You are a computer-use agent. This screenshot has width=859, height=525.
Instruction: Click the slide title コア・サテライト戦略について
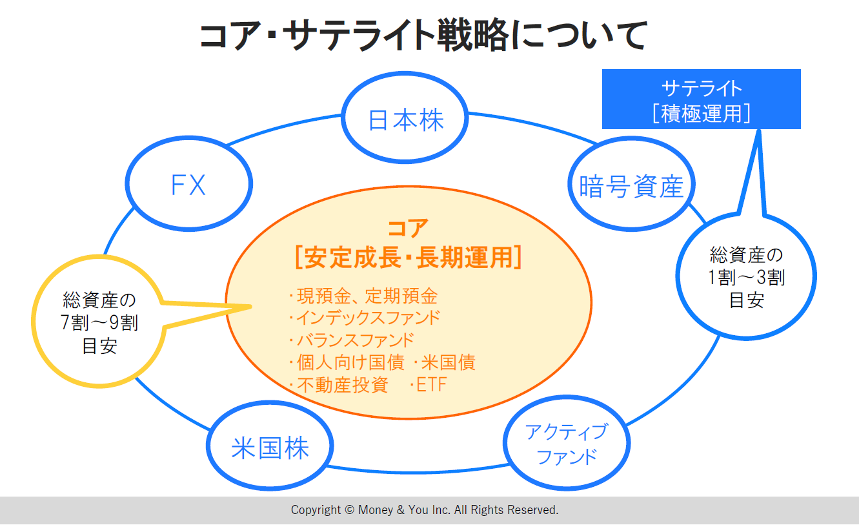[x=423, y=35]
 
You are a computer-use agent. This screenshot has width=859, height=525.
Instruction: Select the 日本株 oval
[x=405, y=120]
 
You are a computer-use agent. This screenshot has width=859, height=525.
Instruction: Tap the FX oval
[x=188, y=185]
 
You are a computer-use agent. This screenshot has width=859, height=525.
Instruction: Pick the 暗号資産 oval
[x=631, y=187]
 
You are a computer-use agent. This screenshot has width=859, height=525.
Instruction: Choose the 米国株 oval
[x=270, y=448]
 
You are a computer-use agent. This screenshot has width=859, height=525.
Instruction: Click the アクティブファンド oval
[x=566, y=444]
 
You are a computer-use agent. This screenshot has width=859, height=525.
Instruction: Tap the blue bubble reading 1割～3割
[x=747, y=278]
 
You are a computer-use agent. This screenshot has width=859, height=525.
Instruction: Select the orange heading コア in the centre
[x=408, y=229]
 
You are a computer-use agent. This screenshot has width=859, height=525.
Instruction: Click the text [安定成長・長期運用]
[x=408, y=257]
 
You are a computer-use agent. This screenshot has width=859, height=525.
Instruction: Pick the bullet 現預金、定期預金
[x=365, y=296]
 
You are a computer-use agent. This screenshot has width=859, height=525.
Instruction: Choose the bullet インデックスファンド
[x=367, y=318]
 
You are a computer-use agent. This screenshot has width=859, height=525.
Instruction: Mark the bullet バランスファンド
[x=354, y=340]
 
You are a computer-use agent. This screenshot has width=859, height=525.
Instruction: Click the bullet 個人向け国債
[x=349, y=362]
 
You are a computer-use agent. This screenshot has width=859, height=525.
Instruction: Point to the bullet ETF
[x=429, y=385]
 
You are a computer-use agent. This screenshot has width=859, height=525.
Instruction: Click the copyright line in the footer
[x=425, y=510]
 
